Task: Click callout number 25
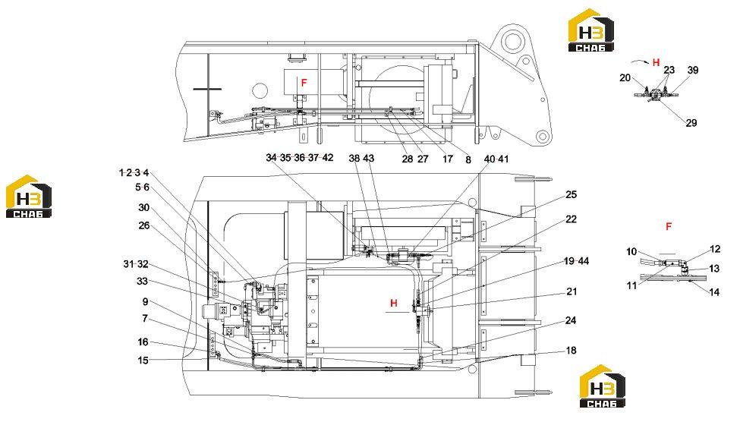pyautogui.click(x=571, y=194)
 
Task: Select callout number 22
pyautogui.click(x=571, y=219)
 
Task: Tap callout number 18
pyautogui.click(x=571, y=350)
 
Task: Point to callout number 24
pyautogui.click(x=571, y=320)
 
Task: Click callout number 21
pyautogui.click(x=572, y=291)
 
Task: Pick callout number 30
pyautogui.click(x=144, y=208)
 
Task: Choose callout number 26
pyautogui.click(x=144, y=225)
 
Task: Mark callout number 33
pyautogui.click(x=142, y=282)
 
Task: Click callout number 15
pyautogui.click(x=143, y=361)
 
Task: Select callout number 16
pyautogui.click(x=143, y=342)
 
